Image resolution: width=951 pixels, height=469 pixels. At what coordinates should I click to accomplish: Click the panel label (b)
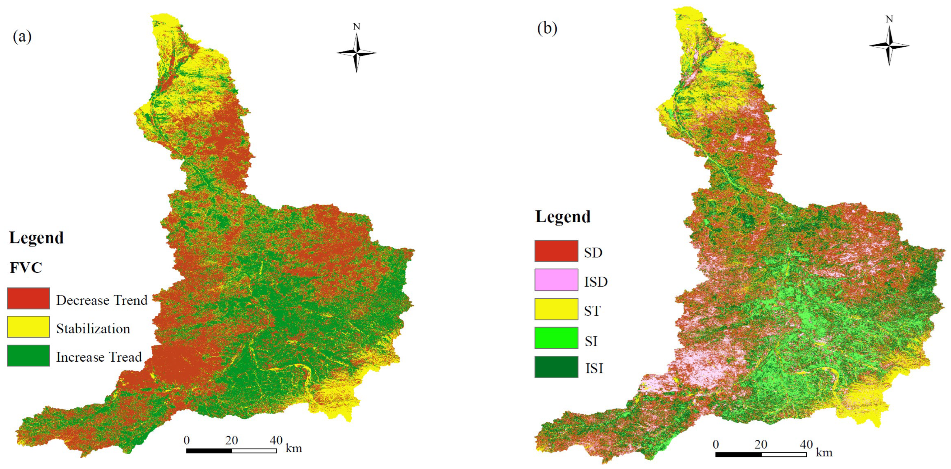click(547, 28)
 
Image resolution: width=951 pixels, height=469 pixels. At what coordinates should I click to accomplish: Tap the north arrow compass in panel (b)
click(889, 45)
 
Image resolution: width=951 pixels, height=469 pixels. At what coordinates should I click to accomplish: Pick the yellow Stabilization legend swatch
click(28, 327)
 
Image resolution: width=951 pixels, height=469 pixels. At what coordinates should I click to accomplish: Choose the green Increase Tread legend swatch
click(28, 356)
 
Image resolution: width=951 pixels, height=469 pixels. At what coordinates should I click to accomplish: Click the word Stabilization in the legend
click(93, 329)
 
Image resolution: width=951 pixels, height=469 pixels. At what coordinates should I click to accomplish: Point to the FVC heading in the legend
click(26, 268)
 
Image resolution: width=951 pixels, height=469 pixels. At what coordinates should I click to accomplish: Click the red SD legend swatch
click(556, 251)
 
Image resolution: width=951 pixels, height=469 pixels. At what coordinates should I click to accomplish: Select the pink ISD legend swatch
click(556, 280)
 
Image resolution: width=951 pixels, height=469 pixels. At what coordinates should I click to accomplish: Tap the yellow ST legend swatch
click(556, 309)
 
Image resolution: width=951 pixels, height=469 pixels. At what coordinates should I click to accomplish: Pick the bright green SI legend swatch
click(556, 338)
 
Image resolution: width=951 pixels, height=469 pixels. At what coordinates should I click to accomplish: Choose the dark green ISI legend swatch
click(556, 367)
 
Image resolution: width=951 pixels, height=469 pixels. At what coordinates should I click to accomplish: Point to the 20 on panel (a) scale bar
click(231, 440)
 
